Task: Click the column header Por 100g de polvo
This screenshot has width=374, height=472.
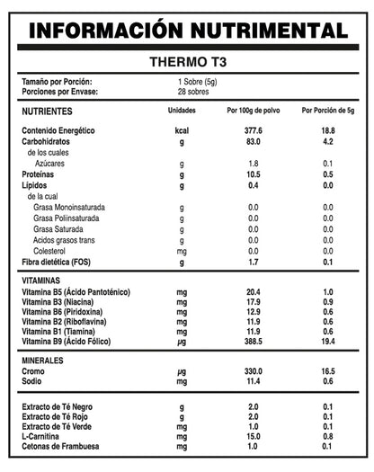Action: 253,111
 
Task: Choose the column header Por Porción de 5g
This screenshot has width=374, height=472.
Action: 327,111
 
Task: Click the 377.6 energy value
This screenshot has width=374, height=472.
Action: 253,130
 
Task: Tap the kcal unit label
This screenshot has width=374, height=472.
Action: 182,130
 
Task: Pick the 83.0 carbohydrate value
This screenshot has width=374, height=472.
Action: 253,141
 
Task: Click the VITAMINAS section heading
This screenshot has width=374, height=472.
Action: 42,281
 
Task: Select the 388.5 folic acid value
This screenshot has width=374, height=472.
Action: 253,343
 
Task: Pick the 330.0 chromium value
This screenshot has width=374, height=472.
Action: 253,370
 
